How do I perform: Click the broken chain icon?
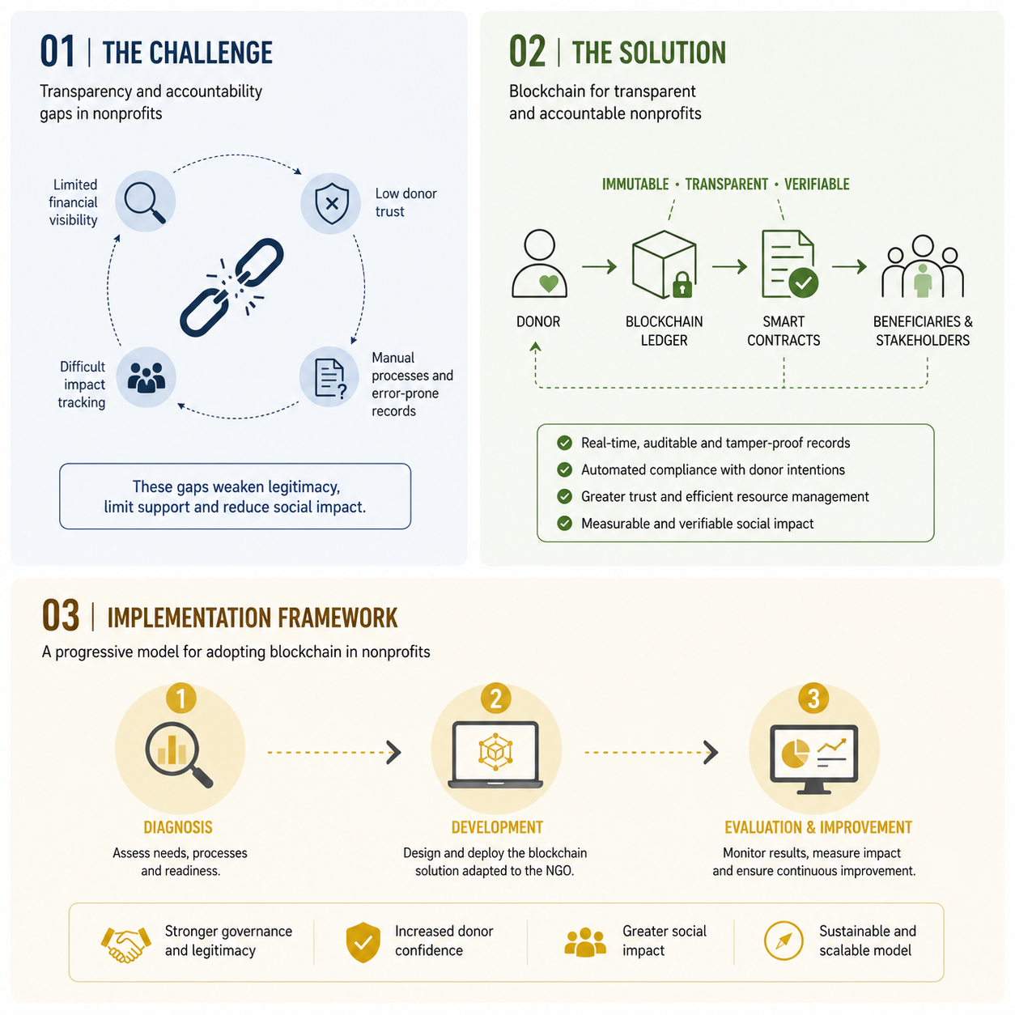(x=231, y=287)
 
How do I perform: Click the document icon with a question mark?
(x=330, y=378)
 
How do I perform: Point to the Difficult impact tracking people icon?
(x=147, y=377)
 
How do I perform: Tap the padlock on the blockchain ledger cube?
(x=682, y=284)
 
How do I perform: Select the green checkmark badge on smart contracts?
(x=803, y=282)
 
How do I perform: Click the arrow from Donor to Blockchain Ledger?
(x=599, y=266)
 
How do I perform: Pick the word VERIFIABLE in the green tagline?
(x=817, y=185)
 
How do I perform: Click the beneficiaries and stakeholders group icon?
(x=922, y=266)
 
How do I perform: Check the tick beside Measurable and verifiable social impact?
(x=565, y=523)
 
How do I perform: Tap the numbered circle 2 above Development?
(x=495, y=699)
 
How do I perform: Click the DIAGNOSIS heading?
(x=178, y=827)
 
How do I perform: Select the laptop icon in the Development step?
(x=495, y=754)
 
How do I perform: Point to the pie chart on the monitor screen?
(x=795, y=754)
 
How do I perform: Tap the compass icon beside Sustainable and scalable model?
(x=784, y=941)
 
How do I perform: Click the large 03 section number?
(x=61, y=615)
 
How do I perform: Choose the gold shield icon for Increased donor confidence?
(x=363, y=942)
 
